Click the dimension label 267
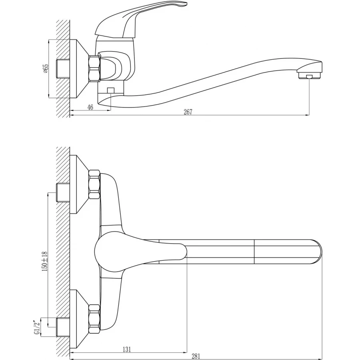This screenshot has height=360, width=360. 188,112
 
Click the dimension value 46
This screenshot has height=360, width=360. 90,107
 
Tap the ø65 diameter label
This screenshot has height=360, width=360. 46,69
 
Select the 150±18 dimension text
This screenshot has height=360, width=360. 45,261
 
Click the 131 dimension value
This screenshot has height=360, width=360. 127,349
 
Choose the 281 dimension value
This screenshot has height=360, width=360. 196,356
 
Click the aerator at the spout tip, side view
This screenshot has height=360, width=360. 309,75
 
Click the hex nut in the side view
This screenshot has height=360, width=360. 94,68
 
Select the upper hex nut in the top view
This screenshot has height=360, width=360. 94,184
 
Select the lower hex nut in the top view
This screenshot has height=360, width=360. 94,319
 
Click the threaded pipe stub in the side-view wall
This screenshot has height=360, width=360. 63,68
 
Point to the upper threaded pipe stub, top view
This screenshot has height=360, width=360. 63,192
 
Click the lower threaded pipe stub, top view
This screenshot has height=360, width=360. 63,327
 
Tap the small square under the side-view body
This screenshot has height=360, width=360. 111,90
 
